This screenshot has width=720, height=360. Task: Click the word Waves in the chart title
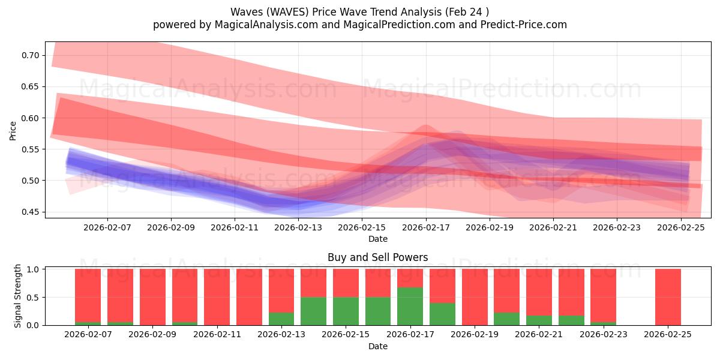click(x=244, y=12)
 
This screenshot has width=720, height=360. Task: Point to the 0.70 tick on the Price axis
click(x=30, y=55)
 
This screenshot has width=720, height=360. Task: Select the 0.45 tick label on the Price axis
click(x=30, y=212)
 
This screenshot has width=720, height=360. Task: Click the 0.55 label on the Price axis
click(x=30, y=149)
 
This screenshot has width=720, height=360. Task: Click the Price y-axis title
click(x=13, y=130)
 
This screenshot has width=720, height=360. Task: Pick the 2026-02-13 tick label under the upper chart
click(x=298, y=228)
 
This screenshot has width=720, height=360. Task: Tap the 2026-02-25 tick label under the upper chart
click(x=680, y=228)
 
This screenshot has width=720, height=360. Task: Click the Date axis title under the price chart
click(x=377, y=239)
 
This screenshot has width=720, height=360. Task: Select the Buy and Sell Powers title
click(x=377, y=257)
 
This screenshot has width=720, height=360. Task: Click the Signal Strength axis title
click(x=18, y=296)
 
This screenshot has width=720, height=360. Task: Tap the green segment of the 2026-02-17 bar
click(x=410, y=306)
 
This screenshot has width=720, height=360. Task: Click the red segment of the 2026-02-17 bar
click(x=410, y=278)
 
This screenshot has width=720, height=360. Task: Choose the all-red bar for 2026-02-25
click(x=668, y=297)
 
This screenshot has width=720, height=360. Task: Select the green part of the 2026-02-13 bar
click(x=281, y=319)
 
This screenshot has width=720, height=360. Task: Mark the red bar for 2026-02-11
click(x=217, y=297)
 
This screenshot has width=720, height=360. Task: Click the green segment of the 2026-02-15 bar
click(x=346, y=311)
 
